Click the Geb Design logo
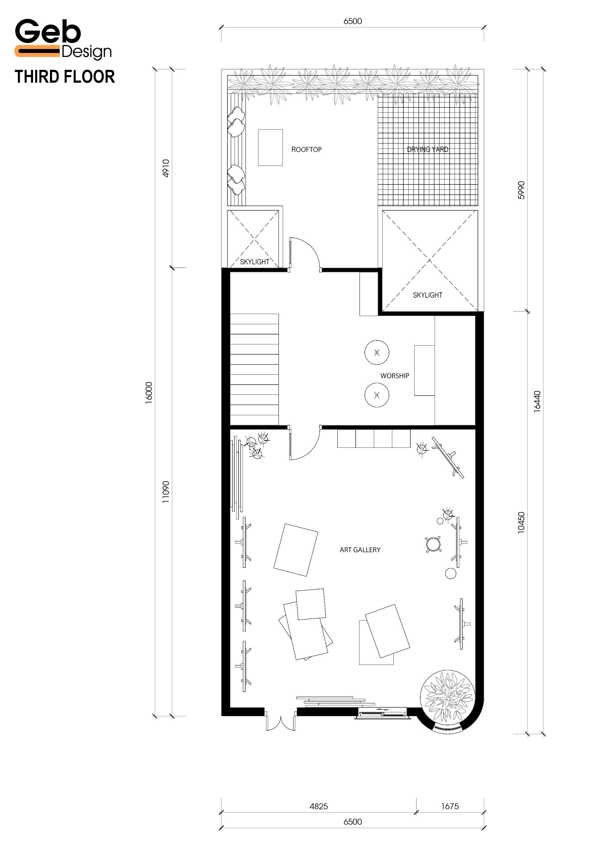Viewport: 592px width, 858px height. (x=63, y=39)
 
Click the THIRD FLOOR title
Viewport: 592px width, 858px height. (x=65, y=77)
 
